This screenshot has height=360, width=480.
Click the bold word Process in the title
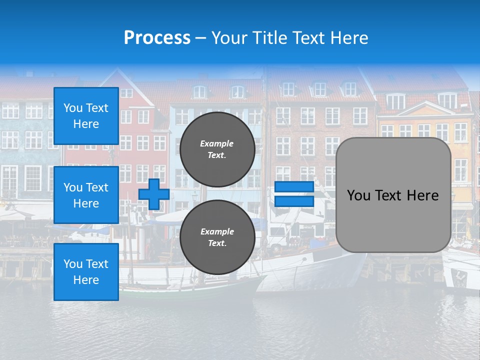click(x=157, y=37)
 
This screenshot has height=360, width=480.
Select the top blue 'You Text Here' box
click(x=86, y=116)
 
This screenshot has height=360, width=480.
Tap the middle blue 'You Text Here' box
click(x=86, y=195)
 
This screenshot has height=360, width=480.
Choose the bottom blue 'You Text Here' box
click(x=86, y=271)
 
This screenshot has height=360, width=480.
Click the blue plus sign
click(x=153, y=194)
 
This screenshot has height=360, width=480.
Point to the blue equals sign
click(x=294, y=194)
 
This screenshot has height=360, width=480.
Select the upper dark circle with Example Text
click(x=217, y=149)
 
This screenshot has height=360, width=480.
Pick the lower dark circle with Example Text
click(x=217, y=237)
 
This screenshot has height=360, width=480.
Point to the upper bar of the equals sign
click(x=294, y=186)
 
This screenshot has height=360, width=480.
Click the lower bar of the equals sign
click(x=294, y=201)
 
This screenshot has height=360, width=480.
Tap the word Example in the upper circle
click(x=217, y=143)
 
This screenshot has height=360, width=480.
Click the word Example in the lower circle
click(x=217, y=231)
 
